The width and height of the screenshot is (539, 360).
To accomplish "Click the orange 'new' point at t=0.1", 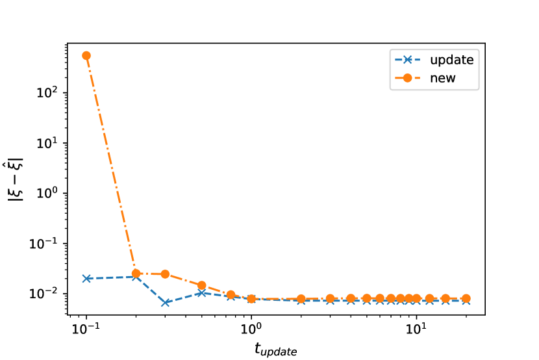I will (x=86, y=55).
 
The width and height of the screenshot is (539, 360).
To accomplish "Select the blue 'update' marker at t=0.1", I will (x=86, y=278).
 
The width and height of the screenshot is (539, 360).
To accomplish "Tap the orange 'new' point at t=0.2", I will (x=136, y=274).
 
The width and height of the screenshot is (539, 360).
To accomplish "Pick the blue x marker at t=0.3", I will (x=165, y=303).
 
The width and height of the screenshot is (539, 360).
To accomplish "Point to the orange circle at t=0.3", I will (x=165, y=274).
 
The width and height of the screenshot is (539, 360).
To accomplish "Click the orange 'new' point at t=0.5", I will (x=202, y=285).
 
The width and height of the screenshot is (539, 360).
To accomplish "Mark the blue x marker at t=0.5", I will (x=202, y=293).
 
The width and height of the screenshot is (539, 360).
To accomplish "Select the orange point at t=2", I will (x=301, y=299).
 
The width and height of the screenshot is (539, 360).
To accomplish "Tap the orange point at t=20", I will (x=466, y=299).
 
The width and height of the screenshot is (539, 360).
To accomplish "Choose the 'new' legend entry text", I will (x=440, y=78).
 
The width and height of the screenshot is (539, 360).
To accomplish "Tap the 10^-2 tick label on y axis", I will (x=46, y=294).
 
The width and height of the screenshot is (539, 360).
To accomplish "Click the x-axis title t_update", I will (x=276, y=350).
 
